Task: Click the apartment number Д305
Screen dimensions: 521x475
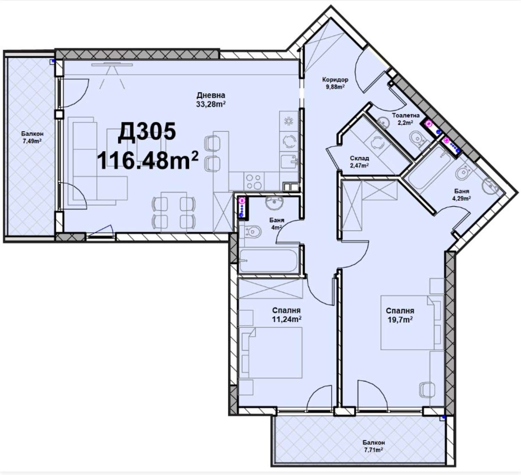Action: tap(147, 133)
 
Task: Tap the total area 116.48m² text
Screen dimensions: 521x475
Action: tap(148, 160)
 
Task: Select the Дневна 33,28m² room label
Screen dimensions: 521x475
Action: tap(210, 100)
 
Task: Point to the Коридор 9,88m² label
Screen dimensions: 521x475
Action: tap(335, 83)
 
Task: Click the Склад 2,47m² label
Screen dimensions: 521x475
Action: tap(359, 161)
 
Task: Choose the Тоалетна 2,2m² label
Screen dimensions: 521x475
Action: tap(406, 119)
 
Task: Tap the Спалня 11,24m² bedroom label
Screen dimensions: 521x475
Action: tap(287, 315)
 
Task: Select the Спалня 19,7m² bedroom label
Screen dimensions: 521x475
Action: tap(400, 315)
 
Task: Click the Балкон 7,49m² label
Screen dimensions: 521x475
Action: tap(32, 137)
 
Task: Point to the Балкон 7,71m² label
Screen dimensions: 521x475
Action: tap(374, 446)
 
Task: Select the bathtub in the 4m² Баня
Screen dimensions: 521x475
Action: tap(268, 261)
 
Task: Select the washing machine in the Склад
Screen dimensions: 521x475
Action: tap(377, 143)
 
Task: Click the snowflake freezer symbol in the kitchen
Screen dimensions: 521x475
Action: tap(288, 121)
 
